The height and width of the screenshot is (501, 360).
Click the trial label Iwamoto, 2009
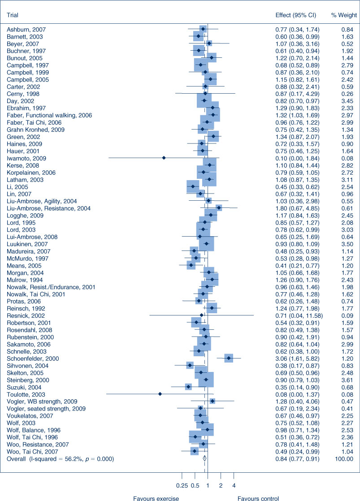(26, 159)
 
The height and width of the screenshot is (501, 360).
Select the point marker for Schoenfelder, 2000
(229, 358)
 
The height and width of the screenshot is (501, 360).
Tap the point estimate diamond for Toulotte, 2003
(160, 394)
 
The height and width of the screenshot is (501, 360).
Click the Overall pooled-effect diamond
(204, 459)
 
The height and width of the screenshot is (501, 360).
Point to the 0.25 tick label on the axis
(182, 486)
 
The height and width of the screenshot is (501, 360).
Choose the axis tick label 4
(234, 486)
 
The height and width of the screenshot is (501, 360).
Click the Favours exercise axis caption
(156, 498)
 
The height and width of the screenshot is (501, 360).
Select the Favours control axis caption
(258, 498)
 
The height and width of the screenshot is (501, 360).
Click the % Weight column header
(344, 15)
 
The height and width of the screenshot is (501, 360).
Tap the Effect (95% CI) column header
(296, 15)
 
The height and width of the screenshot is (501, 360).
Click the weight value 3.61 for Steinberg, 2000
(347, 380)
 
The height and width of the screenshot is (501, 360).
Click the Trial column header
(13, 15)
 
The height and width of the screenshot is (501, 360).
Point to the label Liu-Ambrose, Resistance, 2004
(48, 208)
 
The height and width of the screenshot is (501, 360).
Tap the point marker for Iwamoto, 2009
(164, 158)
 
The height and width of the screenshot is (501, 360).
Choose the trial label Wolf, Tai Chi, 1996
(32, 437)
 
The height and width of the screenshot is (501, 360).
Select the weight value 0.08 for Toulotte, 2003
(347, 395)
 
